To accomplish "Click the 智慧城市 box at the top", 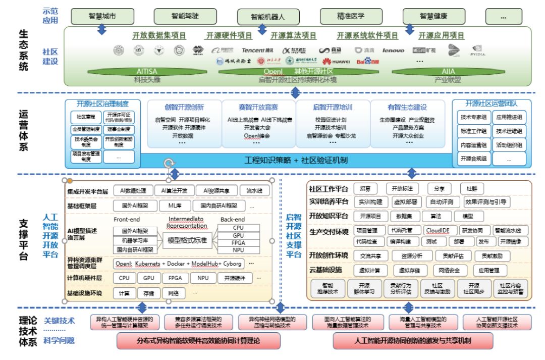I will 102,16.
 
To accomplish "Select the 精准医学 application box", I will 351,16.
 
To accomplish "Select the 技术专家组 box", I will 473,117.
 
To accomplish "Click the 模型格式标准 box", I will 187,240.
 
